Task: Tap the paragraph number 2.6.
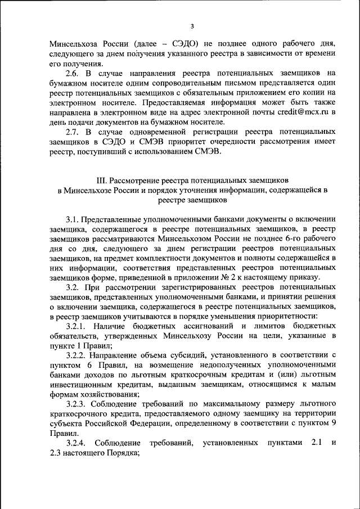[72, 73]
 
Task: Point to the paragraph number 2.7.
[72, 132]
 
